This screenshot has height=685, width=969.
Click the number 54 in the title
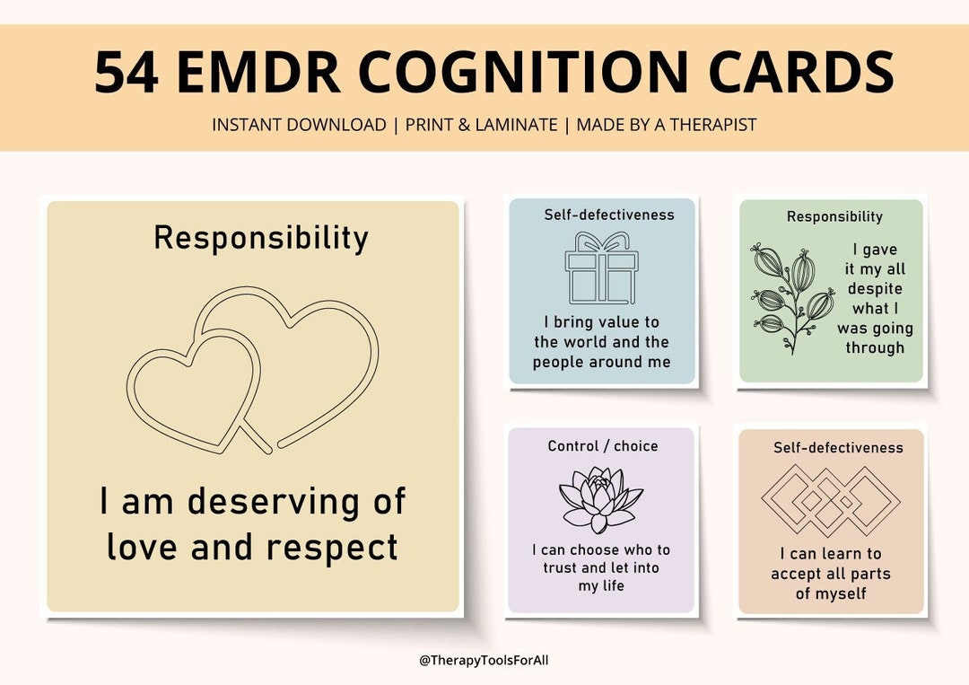[x=127, y=73]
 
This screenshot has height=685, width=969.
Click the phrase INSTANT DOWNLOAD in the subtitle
[x=299, y=125]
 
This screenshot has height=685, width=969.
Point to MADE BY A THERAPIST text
[x=667, y=125]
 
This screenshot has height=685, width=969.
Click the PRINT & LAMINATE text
[x=481, y=125]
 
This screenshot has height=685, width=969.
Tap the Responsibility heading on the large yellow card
[x=261, y=238]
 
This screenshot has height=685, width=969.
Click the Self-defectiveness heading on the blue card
[x=609, y=215]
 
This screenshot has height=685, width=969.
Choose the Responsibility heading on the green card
[x=834, y=216]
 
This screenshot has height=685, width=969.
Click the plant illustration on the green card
[x=790, y=296]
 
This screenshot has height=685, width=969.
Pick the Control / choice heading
[x=603, y=446]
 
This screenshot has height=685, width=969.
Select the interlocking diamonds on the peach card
[x=830, y=500]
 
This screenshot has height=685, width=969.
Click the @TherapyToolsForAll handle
[x=484, y=661]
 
